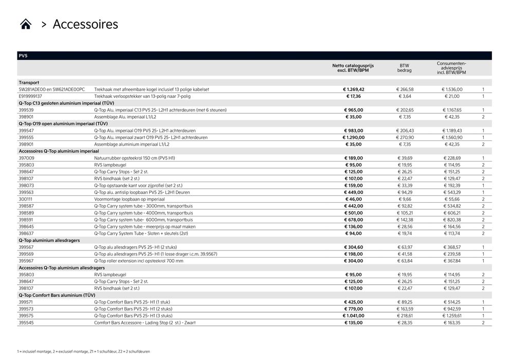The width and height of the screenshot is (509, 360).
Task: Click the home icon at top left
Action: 26,24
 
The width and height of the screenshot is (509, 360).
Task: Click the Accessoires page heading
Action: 85,24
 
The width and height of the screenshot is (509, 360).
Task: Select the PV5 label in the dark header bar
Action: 23,56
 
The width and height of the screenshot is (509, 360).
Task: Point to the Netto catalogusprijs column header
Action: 353,68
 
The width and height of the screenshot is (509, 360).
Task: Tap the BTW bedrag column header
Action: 405,68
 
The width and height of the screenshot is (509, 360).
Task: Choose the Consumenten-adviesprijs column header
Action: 451,68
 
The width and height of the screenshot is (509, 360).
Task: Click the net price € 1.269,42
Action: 354,89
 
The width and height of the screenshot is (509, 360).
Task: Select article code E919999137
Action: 30,96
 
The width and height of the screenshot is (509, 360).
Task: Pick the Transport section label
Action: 29,82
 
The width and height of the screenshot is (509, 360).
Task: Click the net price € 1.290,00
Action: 354,137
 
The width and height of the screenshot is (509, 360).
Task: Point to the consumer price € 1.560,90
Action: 452,137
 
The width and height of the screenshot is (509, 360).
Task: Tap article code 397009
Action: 26,158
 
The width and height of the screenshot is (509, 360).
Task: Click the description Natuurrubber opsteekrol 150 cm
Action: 134,158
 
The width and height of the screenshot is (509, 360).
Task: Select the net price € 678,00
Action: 354,220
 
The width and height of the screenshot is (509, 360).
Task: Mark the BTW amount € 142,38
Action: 405,220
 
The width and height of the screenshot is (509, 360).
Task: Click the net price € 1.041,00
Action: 354,316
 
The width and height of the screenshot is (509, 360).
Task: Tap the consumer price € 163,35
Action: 453,322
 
